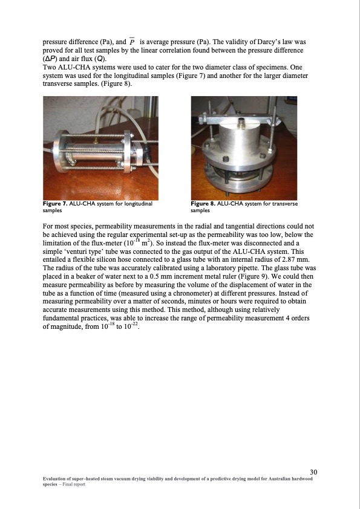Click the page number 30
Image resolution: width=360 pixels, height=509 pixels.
(313, 472)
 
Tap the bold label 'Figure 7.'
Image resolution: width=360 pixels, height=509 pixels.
(55, 204)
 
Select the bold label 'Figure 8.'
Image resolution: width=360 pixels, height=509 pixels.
(203, 204)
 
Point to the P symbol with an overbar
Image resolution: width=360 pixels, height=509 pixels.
(131, 42)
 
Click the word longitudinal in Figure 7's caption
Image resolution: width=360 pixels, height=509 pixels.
(139, 204)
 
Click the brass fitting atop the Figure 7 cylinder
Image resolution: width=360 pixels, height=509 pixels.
(96, 140)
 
